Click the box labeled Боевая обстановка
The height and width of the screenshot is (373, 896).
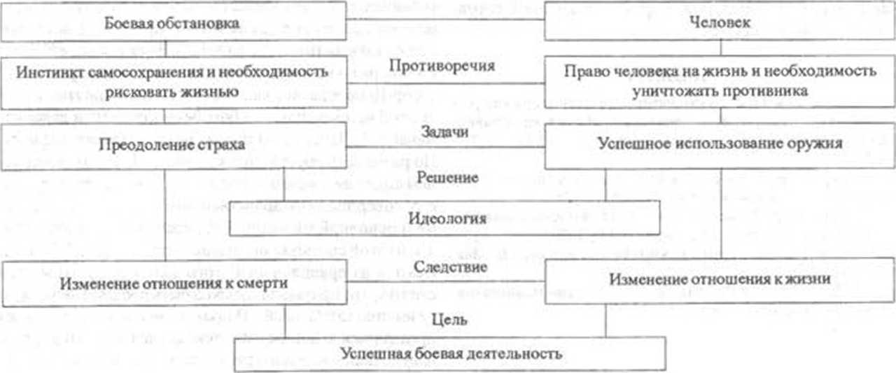click(172, 24)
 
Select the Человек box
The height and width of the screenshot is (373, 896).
click(720, 24)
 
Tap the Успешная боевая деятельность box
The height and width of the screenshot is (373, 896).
click(450, 354)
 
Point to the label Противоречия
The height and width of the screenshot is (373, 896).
click(451, 66)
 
